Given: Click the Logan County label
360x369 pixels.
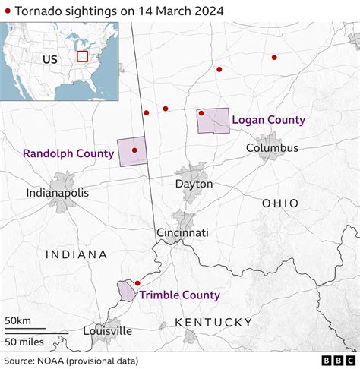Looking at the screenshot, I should [268, 120].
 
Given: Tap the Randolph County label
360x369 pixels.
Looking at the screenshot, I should [68, 153].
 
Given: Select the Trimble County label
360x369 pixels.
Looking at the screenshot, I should [179, 295].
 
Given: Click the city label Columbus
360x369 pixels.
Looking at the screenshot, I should [272, 148].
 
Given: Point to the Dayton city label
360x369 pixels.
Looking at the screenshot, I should [194, 184].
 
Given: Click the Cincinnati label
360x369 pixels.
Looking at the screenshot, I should [182, 233].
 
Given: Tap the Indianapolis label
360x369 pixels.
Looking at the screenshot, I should [57, 193].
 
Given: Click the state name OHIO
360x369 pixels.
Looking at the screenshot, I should [280, 203].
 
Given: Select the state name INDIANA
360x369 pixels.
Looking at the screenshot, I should [75, 255].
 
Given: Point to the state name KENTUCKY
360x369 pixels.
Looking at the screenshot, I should [213, 323].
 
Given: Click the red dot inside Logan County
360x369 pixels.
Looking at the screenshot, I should [201, 113].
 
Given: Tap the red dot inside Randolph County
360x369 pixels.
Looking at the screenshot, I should [134, 150].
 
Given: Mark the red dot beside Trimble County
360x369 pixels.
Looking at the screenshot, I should [137, 283].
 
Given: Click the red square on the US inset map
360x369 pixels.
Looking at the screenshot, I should [82, 56].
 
